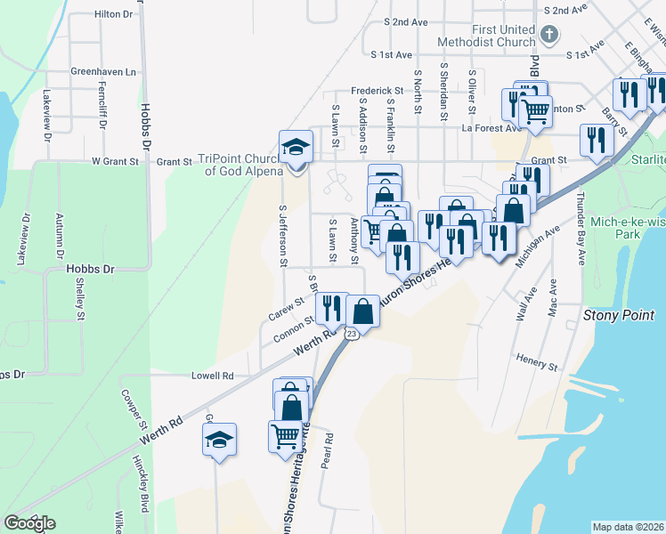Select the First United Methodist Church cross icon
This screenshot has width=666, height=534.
tap(549, 36)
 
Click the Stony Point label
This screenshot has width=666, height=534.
tap(618, 315)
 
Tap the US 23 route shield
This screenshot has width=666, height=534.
tap(352, 333)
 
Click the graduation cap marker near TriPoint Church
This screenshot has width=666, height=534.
tap(296, 147)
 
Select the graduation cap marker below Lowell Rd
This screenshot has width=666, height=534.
tap(220, 439)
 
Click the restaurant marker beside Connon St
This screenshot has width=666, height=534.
tap(332, 308)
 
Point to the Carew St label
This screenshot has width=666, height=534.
tap(287, 314)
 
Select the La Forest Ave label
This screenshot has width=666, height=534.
tap(491, 127)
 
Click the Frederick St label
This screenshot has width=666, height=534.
tap(378, 91)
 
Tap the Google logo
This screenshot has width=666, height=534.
tap(29, 522)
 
